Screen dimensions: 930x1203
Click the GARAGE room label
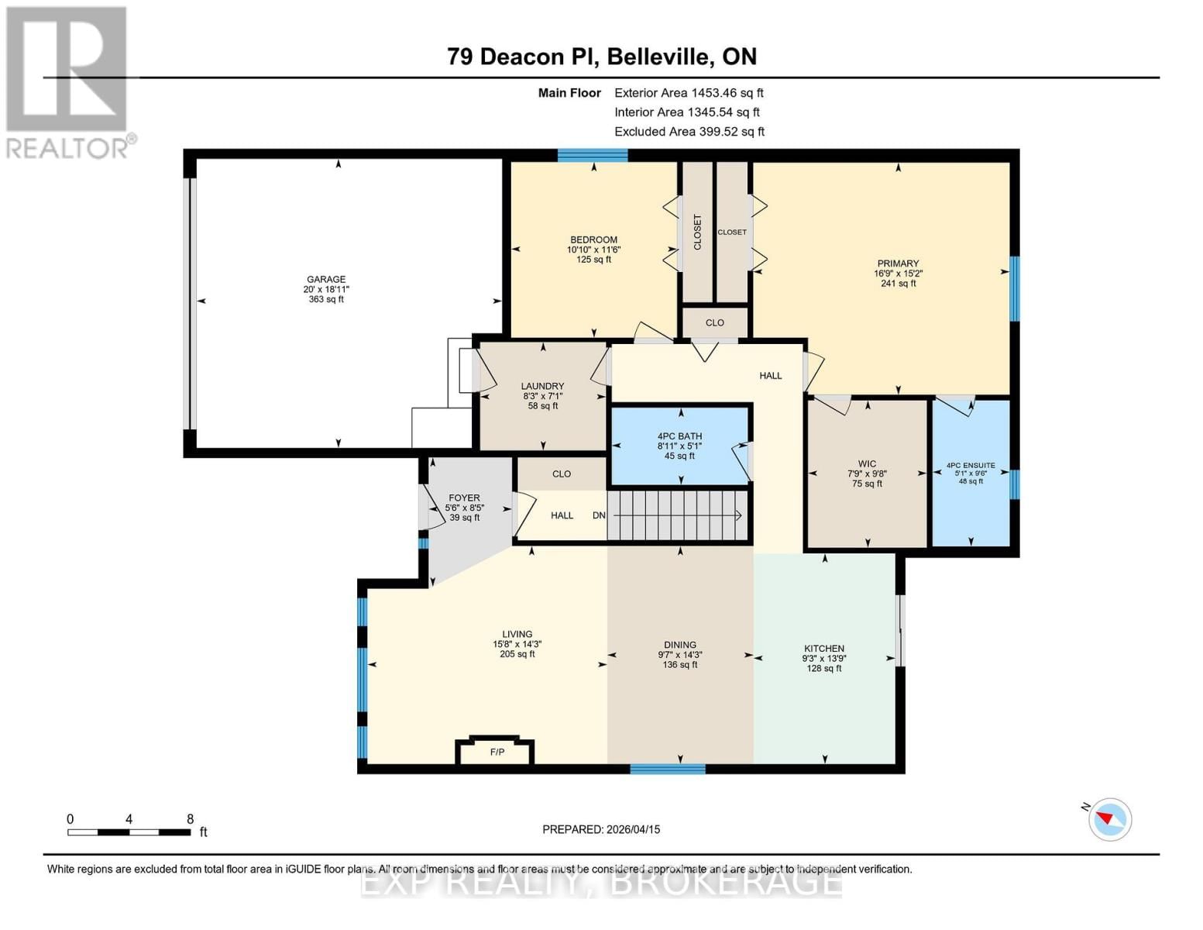point(325,280)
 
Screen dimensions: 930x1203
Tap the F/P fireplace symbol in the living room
point(497,752)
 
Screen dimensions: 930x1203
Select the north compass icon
point(1109,818)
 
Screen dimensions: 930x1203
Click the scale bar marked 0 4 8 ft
point(129,832)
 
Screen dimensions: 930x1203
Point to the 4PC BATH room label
point(679,436)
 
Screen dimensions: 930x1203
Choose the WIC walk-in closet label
point(867,464)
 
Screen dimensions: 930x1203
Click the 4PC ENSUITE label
point(970,466)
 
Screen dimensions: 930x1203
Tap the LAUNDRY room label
point(542,386)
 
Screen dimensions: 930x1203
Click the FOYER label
point(464,498)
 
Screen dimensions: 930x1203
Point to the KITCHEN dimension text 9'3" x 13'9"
point(823,658)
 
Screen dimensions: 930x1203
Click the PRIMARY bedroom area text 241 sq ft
point(898,284)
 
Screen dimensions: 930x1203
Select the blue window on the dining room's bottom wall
point(667,769)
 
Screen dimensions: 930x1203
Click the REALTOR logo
point(68,81)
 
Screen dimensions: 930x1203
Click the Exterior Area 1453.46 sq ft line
point(689,92)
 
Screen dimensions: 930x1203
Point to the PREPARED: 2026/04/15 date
point(601,829)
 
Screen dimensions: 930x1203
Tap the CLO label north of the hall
point(714,322)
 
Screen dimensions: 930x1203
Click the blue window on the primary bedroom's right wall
point(1014,288)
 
